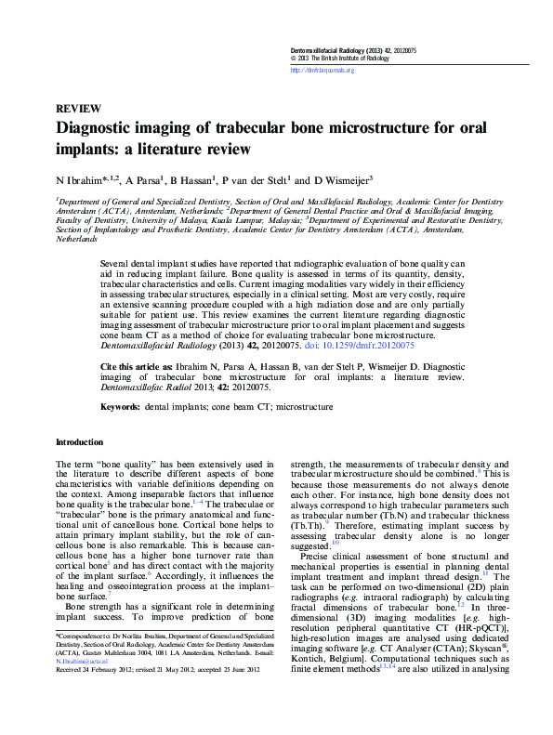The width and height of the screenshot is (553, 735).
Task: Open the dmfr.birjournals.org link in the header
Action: (323, 70)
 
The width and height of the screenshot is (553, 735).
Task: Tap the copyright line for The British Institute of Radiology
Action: (343, 58)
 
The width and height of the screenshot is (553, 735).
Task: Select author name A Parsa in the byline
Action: (143, 180)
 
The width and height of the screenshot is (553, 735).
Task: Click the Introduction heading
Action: (80, 442)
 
